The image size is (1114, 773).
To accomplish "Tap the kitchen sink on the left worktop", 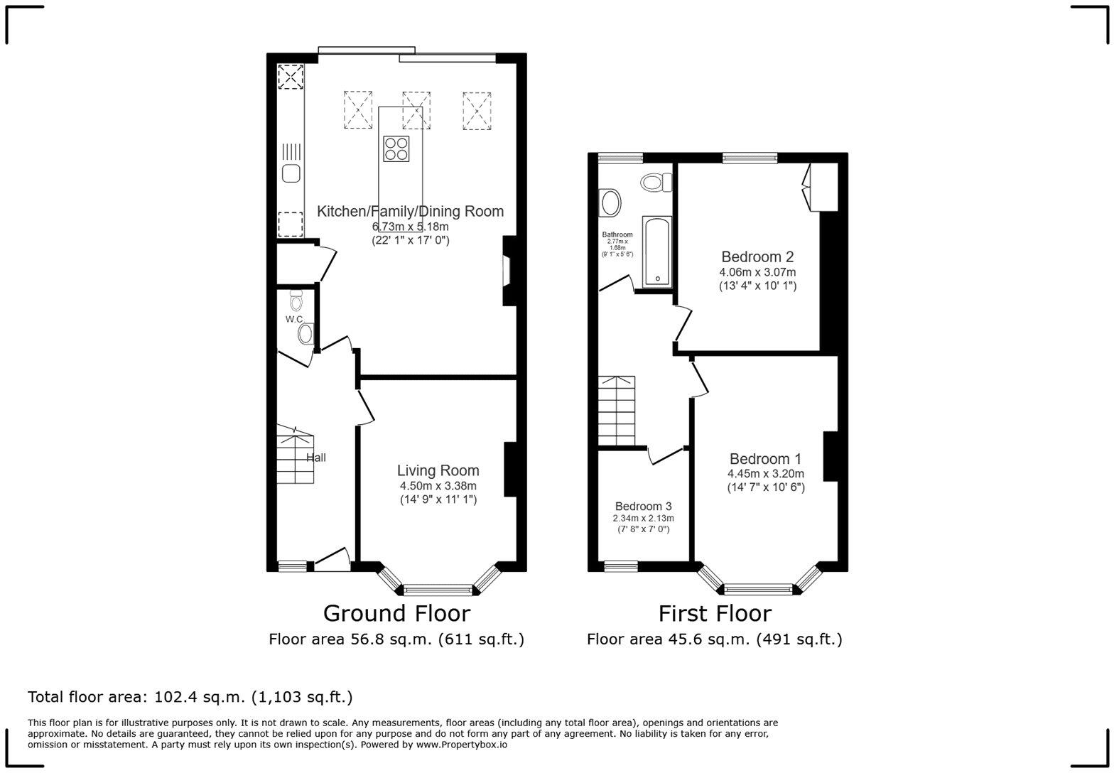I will (x=290, y=173).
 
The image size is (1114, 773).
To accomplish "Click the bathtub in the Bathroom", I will (x=657, y=252).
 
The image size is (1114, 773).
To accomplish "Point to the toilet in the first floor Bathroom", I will (x=656, y=183).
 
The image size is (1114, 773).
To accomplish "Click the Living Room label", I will (x=438, y=470).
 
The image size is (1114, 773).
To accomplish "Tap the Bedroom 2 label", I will (x=757, y=256).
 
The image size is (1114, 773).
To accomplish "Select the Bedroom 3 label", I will (x=643, y=507).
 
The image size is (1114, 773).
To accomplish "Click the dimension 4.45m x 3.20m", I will (x=765, y=474).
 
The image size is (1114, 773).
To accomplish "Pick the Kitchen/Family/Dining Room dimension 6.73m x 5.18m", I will (x=411, y=227).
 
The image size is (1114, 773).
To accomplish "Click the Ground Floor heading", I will (x=396, y=612).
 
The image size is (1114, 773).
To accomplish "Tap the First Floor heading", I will (x=714, y=612).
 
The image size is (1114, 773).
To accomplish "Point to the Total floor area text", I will (x=190, y=697).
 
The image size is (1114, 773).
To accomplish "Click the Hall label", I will (x=316, y=458).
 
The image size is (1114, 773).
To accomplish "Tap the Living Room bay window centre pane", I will (x=438, y=589).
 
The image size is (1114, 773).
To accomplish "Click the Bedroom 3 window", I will (x=620, y=566).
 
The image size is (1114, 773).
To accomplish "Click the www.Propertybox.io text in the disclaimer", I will (x=461, y=745).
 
